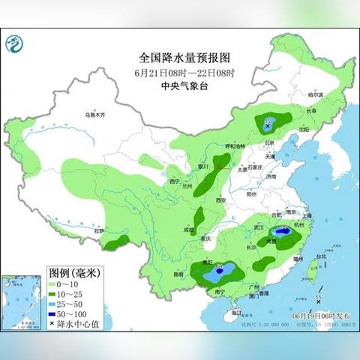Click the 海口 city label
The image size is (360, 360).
[236, 312]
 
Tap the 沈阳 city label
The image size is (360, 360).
[303, 129]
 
